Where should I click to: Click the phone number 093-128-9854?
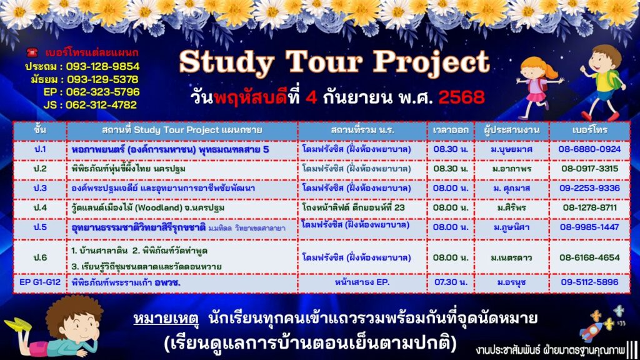[103, 66]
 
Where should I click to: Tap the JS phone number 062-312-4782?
[101, 105]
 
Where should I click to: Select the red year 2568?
[462, 97]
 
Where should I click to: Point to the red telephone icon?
[32, 52]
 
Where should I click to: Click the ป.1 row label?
[40, 149]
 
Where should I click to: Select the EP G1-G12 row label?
[40, 282]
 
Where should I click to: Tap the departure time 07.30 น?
[451, 282]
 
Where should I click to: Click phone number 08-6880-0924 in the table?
[589, 149]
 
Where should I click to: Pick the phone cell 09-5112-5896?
[589, 282]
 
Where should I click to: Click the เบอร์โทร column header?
[589, 130]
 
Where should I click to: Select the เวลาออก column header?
[451, 130]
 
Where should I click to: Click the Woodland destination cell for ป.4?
[147, 207]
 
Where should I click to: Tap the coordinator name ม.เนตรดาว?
[512, 257]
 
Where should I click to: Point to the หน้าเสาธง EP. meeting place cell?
[362, 282]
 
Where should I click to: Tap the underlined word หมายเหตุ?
[166, 319]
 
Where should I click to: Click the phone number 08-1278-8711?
[589, 207]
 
